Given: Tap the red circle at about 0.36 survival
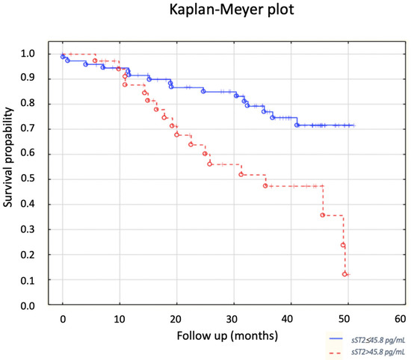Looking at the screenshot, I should (323, 215).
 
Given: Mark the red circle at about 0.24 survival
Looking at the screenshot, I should (343, 245).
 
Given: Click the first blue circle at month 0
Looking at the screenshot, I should (63, 57).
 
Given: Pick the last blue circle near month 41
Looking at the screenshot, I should (297, 125).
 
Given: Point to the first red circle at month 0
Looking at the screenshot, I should (64, 54).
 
